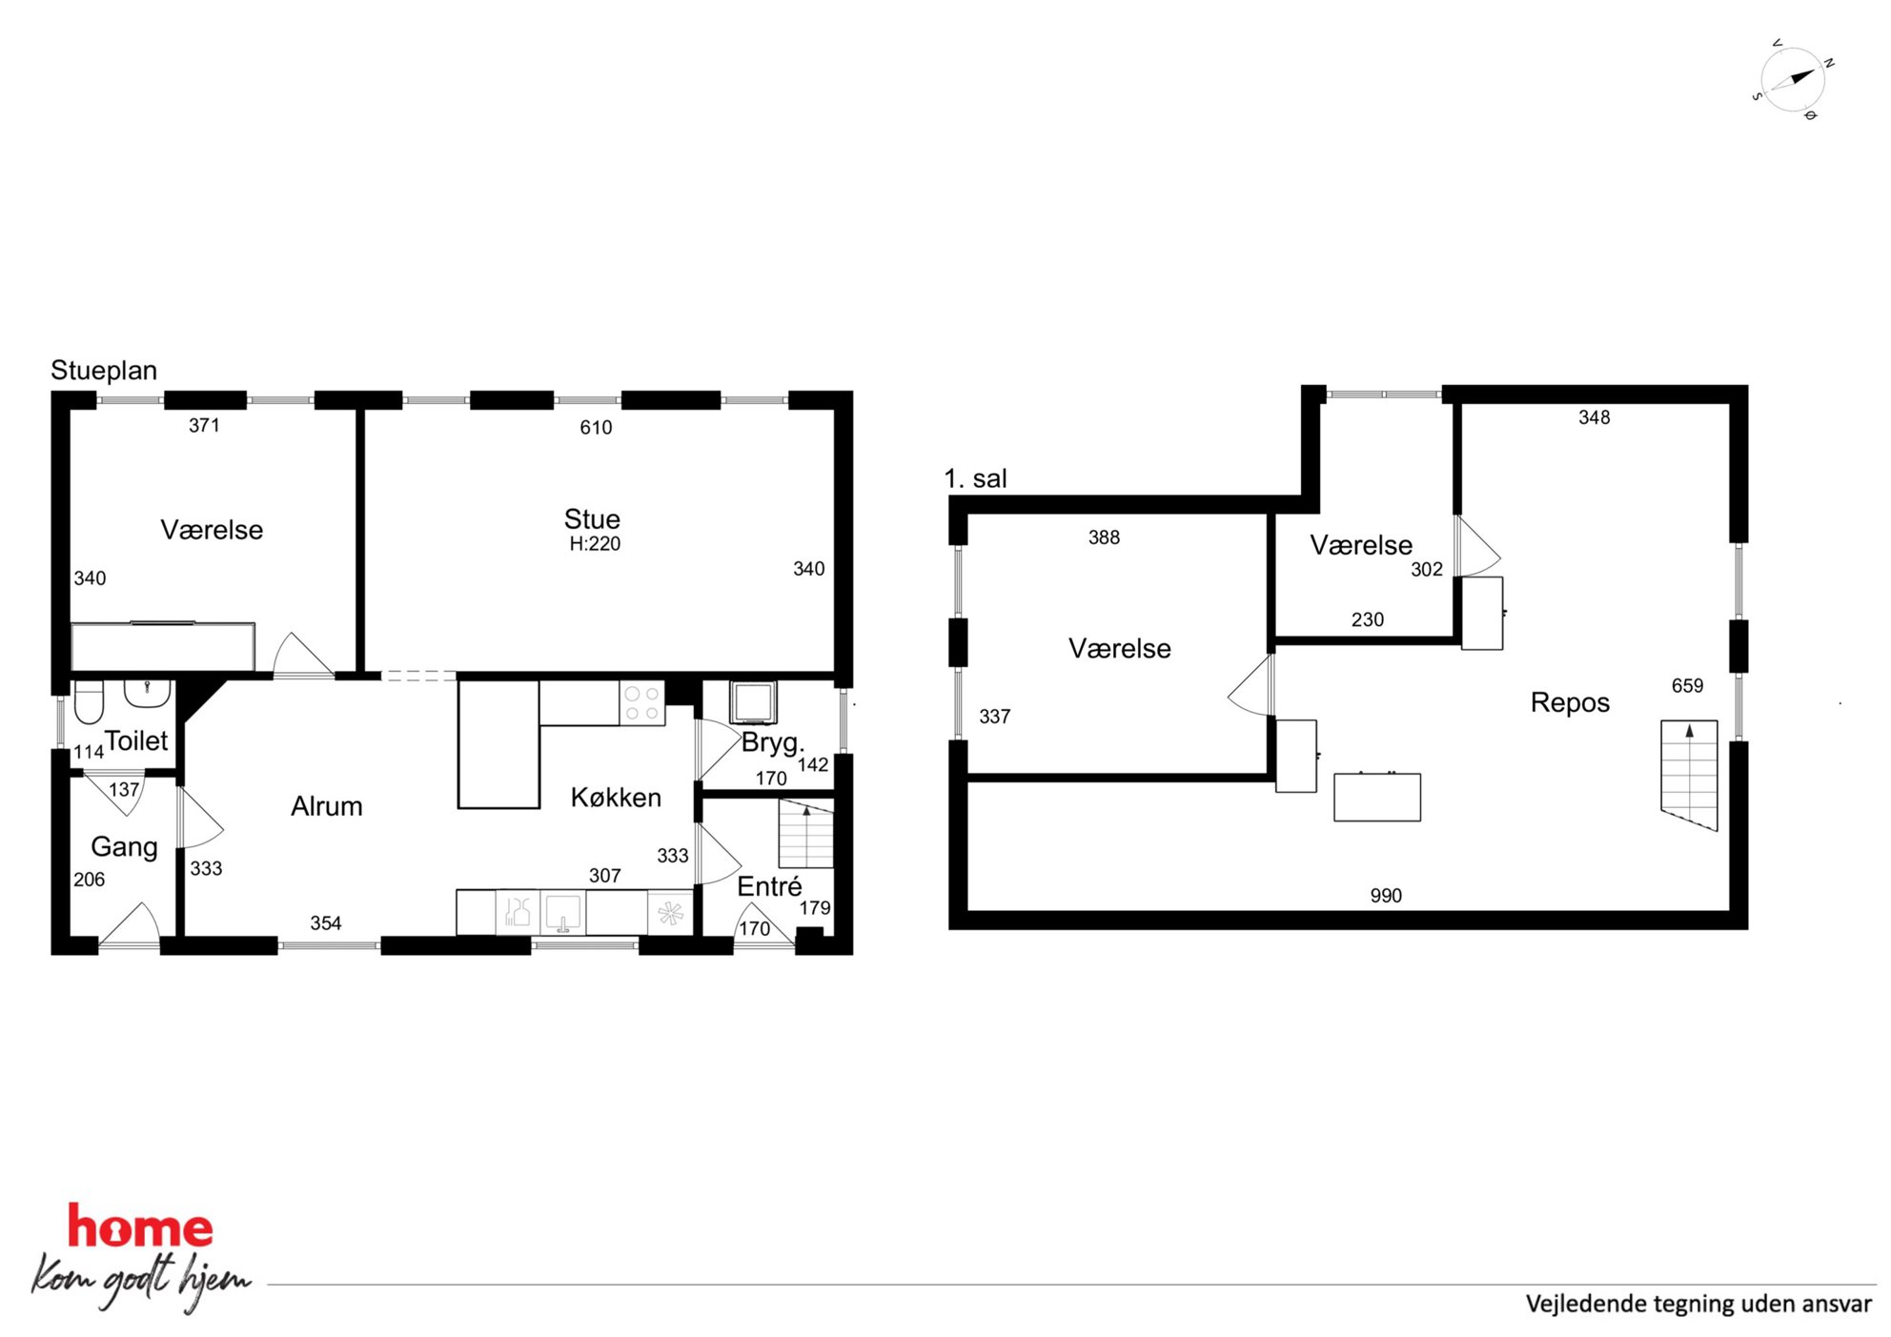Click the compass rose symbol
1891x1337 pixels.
[x=1791, y=80]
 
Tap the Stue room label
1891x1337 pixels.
[x=592, y=519]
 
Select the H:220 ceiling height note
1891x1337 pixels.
[x=595, y=544]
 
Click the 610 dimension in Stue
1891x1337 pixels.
[x=596, y=428]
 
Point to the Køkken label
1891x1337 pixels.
[x=616, y=798]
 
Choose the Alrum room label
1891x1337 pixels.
[x=327, y=806]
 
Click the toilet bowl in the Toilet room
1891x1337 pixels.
[x=89, y=702]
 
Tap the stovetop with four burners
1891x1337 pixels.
[x=641, y=703]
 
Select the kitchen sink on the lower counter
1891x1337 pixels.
[x=563, y=913]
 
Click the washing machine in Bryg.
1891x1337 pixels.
[x=753, y=702]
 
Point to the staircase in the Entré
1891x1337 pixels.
[x=806, y=834]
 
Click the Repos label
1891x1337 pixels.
[x=1570, y=702]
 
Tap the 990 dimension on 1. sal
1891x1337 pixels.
[x=1386, y=896]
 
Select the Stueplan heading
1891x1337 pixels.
[x=104, y=371]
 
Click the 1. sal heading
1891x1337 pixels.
[x=975, y=478]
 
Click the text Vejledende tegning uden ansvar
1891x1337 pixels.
[x=1698, y=1304]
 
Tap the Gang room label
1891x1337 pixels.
[x=124, y=847]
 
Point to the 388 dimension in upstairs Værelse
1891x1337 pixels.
[x=1104, y=537]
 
